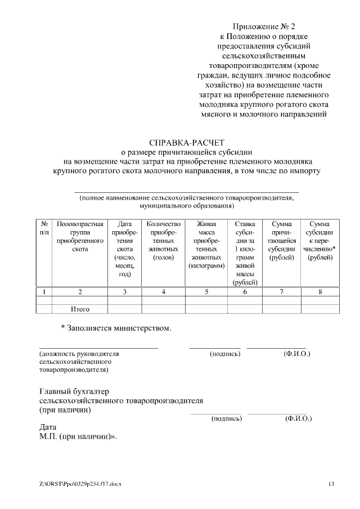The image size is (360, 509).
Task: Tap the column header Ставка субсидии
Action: point(245,253)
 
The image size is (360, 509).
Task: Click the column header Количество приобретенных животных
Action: point(163,240)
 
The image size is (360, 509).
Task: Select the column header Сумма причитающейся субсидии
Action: point(281,240)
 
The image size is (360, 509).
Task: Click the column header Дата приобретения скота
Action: point(124,248)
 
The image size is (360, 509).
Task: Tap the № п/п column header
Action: point(44,228)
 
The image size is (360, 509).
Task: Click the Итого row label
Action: point(80,309)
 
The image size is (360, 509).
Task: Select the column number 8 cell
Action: point(320,291)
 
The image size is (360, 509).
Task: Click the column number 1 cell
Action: point(44,291)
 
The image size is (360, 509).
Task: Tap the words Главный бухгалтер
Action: point(74,391)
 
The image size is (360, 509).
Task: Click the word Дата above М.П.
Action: point(48,427)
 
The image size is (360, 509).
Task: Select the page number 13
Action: point(331,484)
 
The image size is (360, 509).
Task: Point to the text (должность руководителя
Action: point(79,354)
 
